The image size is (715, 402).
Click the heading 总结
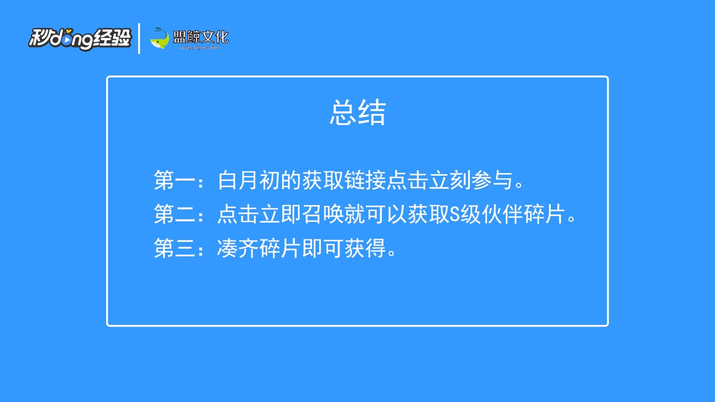(x=357, y=113)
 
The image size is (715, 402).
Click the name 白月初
(x=249, y=181)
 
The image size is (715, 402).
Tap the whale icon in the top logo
(x=160, y=38)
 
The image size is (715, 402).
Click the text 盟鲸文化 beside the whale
(x=201, y=37)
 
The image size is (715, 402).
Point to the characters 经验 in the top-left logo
(x=113, y=38)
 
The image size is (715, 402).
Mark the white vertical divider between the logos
(x=139, y=39)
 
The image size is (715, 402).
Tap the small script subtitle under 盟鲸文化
(x=200, y=48)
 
